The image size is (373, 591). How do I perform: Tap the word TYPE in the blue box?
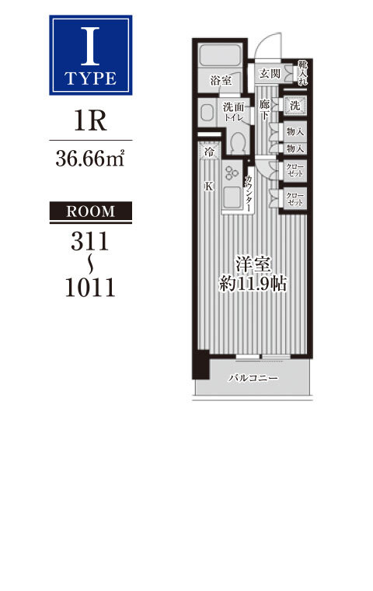pos(90,79)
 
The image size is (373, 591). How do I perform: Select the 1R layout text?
pos(90,121)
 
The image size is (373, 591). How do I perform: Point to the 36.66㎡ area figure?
pos(90,159)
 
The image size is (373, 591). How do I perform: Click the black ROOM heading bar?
pos(91,211)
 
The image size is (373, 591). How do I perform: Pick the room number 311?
pos(89,241)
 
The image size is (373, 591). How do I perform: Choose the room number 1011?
pos(90,287)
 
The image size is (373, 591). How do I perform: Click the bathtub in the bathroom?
pos(220,57)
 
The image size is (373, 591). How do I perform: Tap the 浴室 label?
pos(221,80)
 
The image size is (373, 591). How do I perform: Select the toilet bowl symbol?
pos(237,143)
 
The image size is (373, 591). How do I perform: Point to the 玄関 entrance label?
pos(270,74)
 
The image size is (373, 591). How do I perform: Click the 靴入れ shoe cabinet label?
pos(302,73)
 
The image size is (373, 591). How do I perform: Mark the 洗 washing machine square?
pos(295,106)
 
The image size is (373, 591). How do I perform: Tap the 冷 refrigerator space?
pos(208,152)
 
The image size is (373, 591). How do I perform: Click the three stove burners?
pos(232,173)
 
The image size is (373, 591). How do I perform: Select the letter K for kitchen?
pos(208,186)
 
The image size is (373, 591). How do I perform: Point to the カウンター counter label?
pos(249,194)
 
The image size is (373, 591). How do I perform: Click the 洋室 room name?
pos(253,264)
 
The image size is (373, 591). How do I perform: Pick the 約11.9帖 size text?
pos(253,283)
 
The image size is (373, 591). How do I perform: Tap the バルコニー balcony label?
pos(253,378)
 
